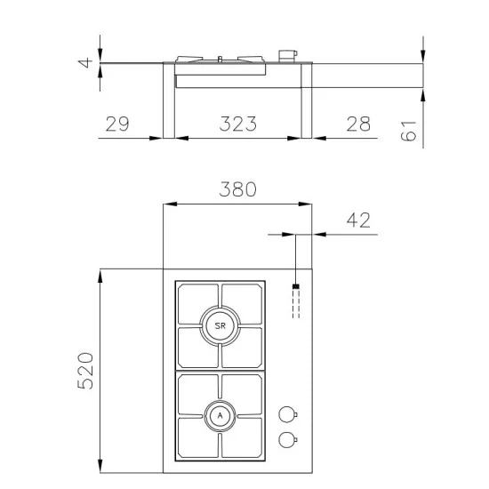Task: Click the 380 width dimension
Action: click(x=237, y=189)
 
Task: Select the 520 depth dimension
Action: click(x=84, y=371)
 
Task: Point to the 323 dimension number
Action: click(x=237, y=124)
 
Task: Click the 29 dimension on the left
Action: click(x=117, y=124)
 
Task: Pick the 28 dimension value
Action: click(x=357, y=124)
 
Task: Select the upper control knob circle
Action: click(x=286, y=413)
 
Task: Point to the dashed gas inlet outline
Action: click(x=296, y=305)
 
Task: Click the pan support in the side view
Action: click(x=220, y=60)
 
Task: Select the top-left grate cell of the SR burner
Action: click(x=196, y=303)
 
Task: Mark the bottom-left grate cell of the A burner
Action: click(x=196, y=437)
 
